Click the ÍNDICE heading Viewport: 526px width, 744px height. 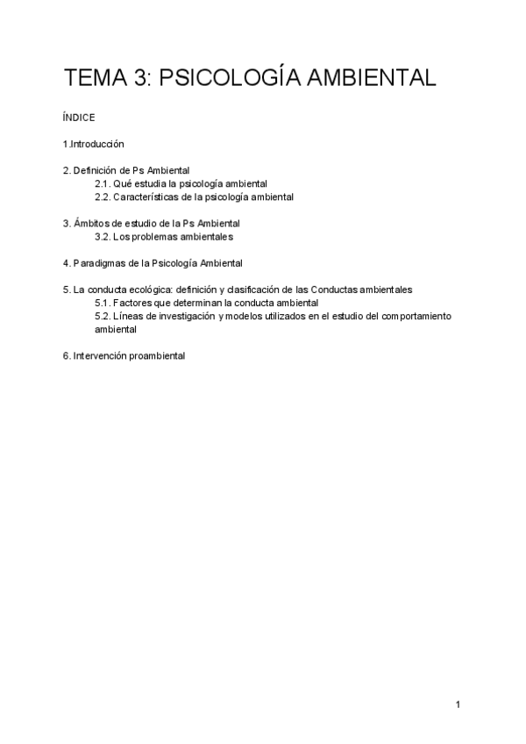tap(79, 117)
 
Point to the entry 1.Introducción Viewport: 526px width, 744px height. tap(94, 143)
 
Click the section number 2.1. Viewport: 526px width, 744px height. tap(103, 183)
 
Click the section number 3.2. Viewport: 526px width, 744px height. tap(103, 236)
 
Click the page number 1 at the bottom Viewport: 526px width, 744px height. tap(458, 704)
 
